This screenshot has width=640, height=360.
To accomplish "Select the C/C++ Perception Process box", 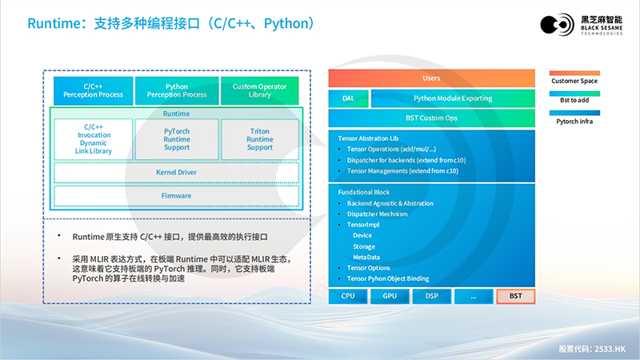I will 93,90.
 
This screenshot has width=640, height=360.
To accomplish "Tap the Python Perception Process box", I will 176,90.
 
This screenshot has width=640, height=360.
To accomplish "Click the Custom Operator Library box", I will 259,90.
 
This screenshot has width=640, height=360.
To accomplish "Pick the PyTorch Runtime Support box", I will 176,138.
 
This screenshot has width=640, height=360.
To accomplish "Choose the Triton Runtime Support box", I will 259,138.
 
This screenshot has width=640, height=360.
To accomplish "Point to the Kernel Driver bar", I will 176,172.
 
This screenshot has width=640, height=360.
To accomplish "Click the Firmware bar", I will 176,195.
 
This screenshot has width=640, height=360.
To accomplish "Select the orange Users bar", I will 431,78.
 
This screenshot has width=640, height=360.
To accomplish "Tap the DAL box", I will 348,98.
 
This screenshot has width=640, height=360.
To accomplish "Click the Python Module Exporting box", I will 453,98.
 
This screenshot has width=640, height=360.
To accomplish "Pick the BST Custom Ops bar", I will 431,118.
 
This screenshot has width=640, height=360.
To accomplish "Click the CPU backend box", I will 348,296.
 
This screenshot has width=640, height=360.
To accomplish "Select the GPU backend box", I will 390,296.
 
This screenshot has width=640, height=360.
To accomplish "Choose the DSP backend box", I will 431,296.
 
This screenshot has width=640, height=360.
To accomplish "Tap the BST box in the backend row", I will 514,296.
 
